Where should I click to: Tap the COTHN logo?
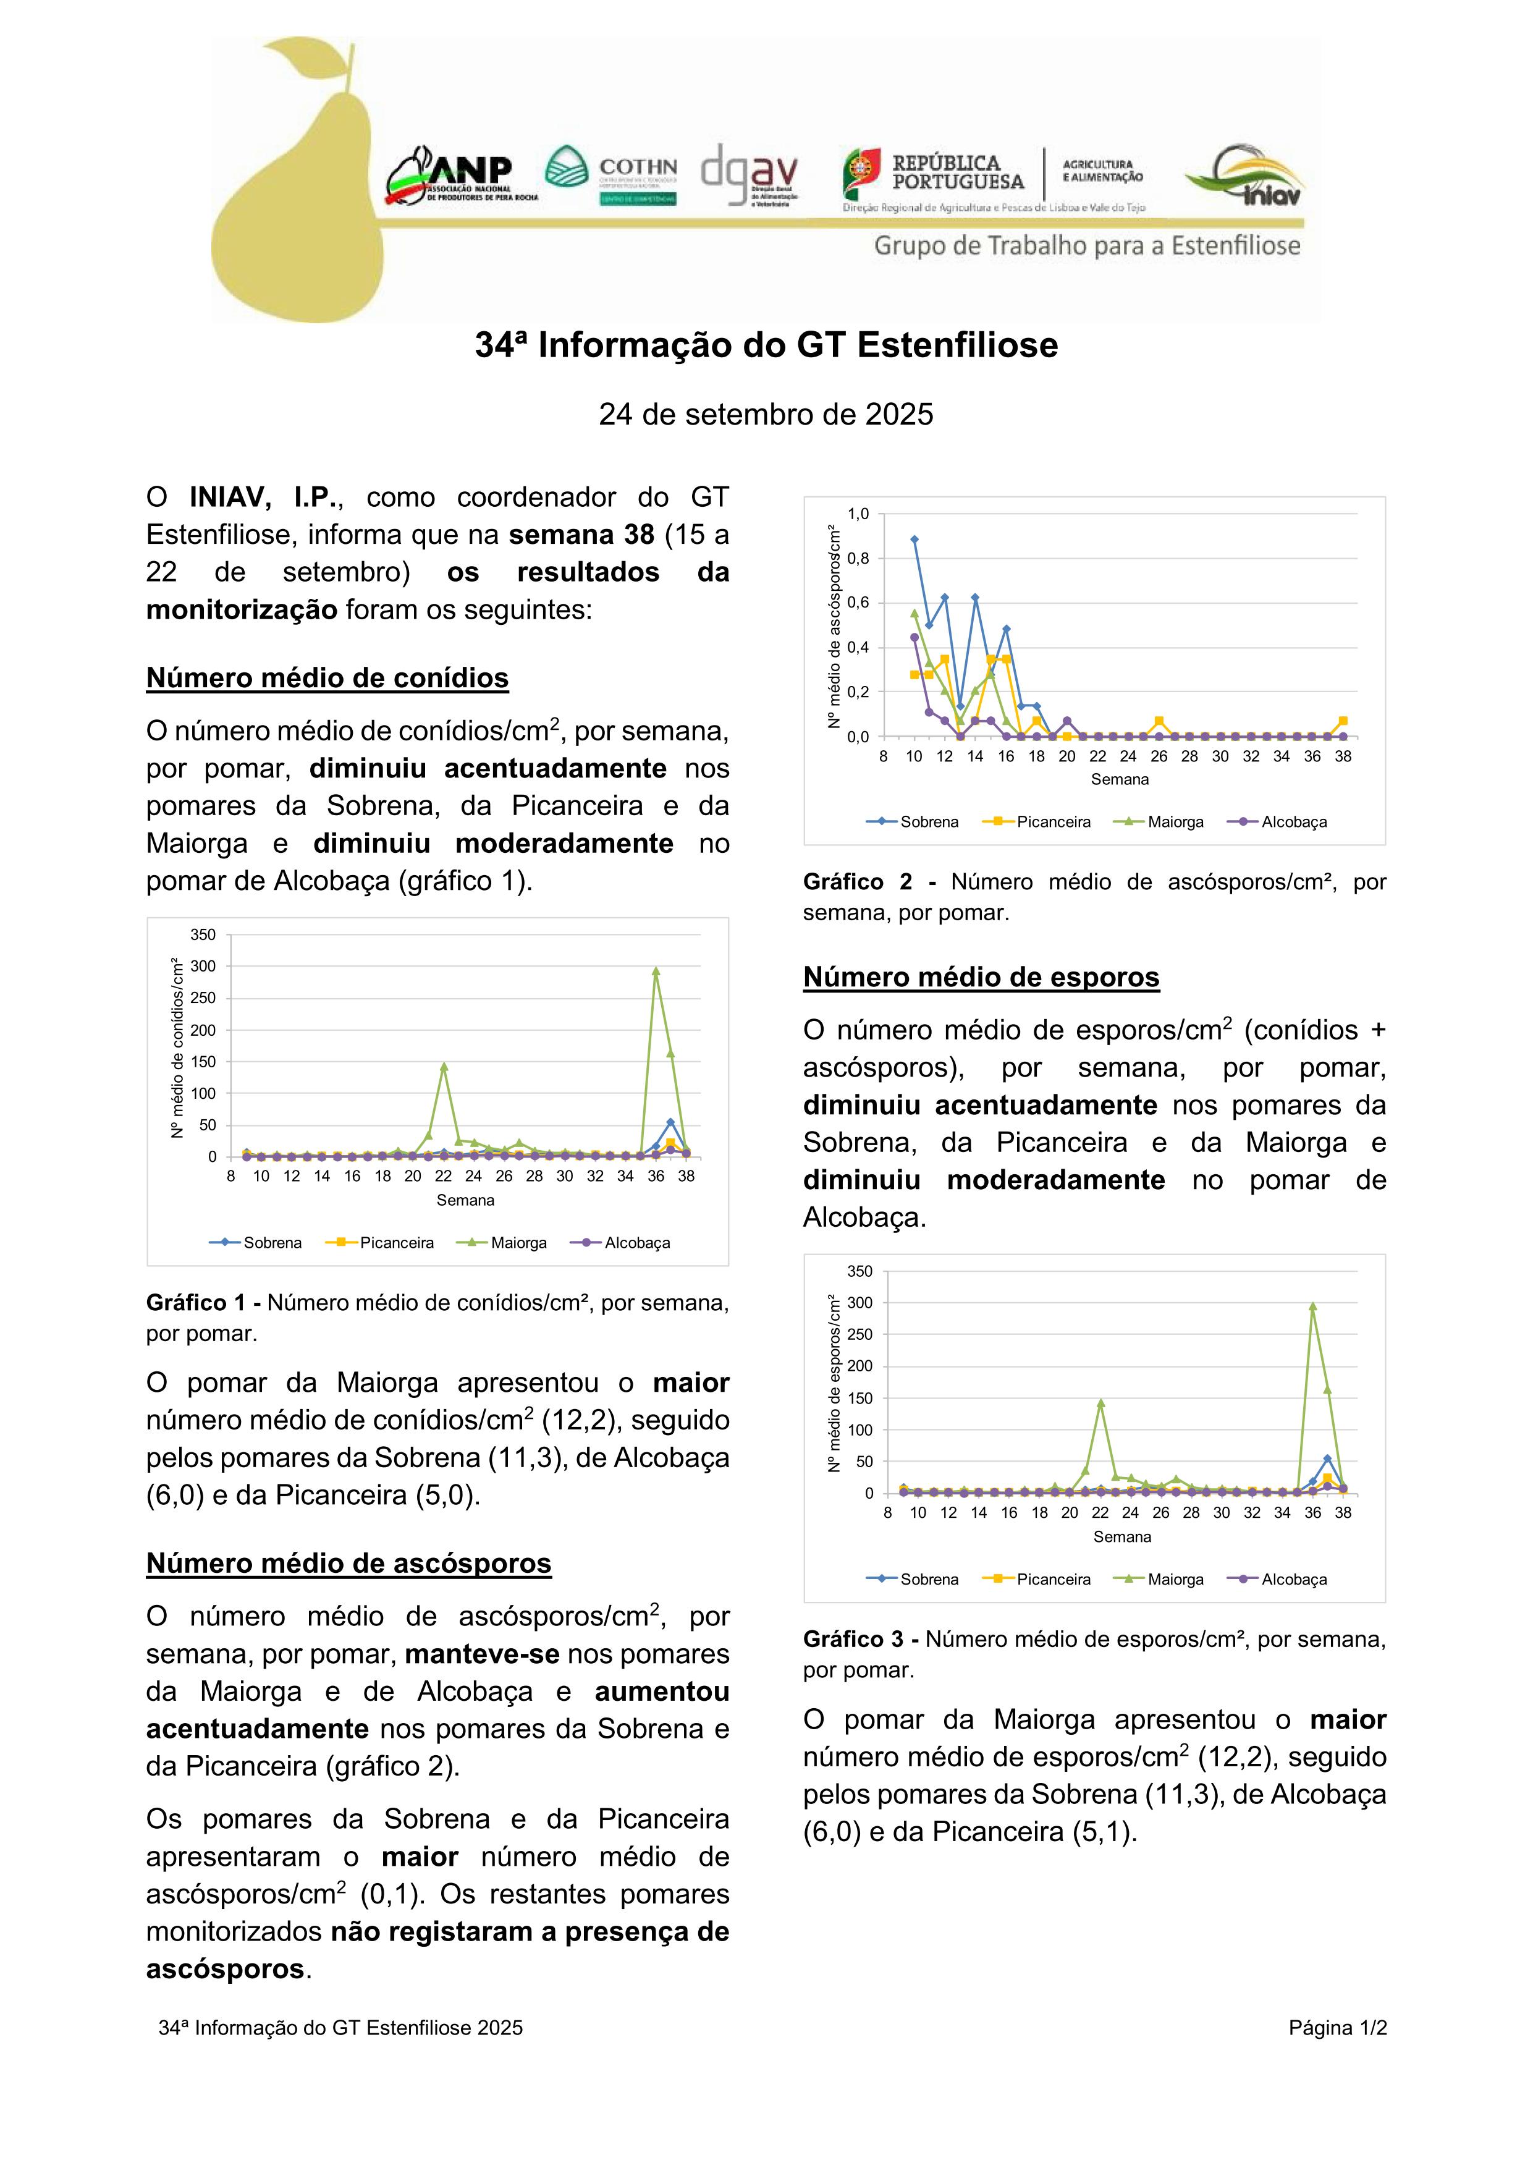click(x=612, y=176)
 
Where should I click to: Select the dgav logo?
click(x=750, y=176)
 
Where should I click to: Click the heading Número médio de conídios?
click(x=327, y=678)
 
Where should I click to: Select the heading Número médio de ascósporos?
click(x=348, y=1563)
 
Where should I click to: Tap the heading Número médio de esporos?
click(x=981, y=976)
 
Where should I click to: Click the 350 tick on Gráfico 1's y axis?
click(x=203, y=935)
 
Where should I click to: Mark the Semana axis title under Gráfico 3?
click(x=1121, y=1536)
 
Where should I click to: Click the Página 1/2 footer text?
click(x=1337, y=2027)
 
